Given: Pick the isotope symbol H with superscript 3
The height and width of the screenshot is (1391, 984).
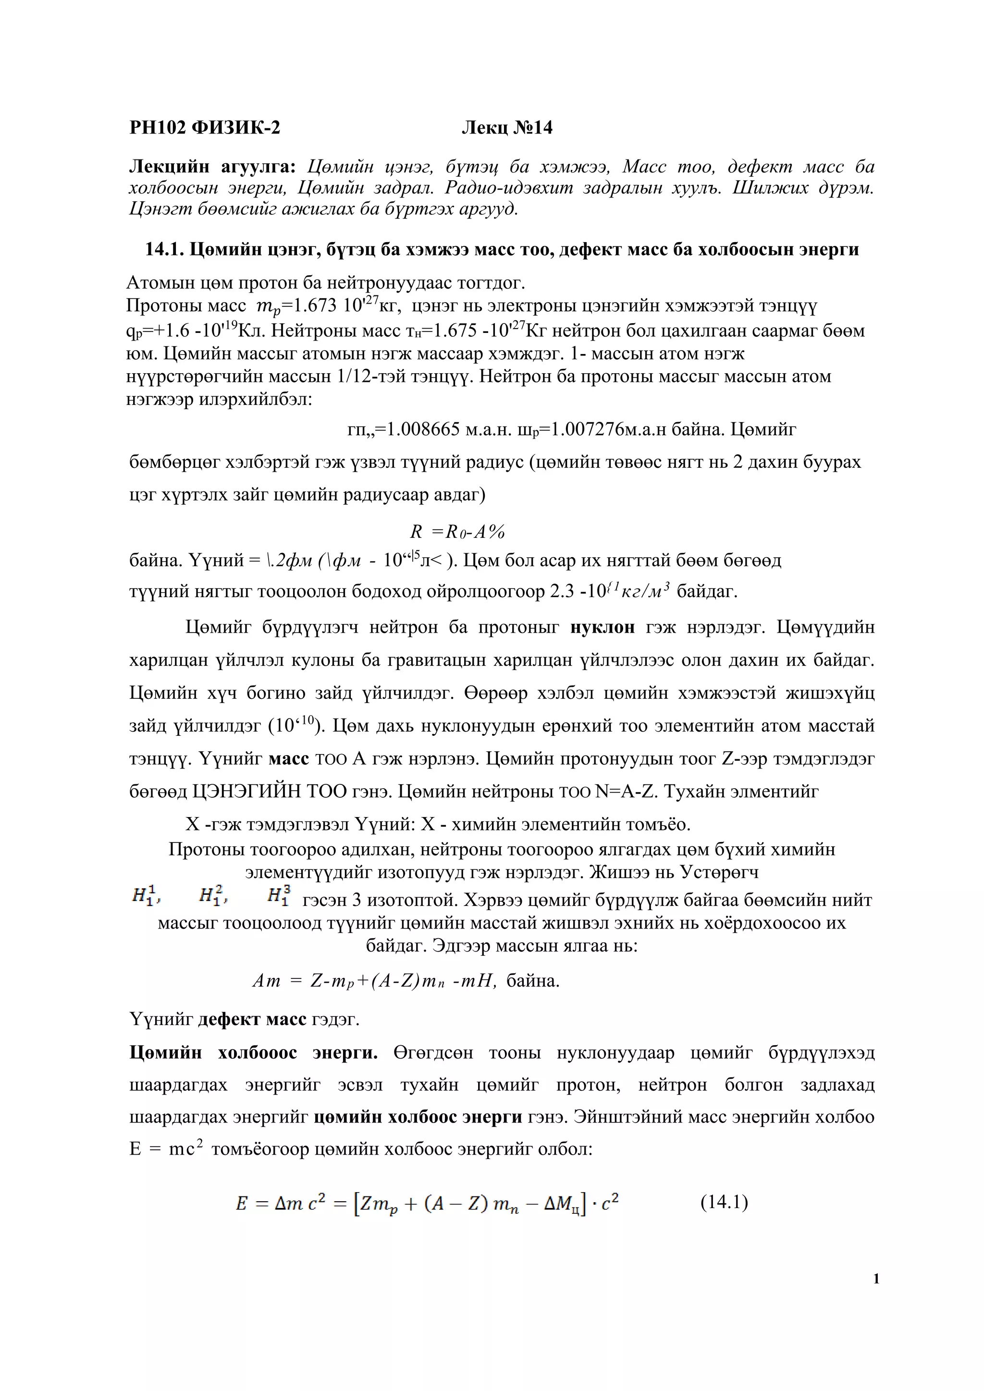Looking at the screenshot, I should [279, 894].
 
